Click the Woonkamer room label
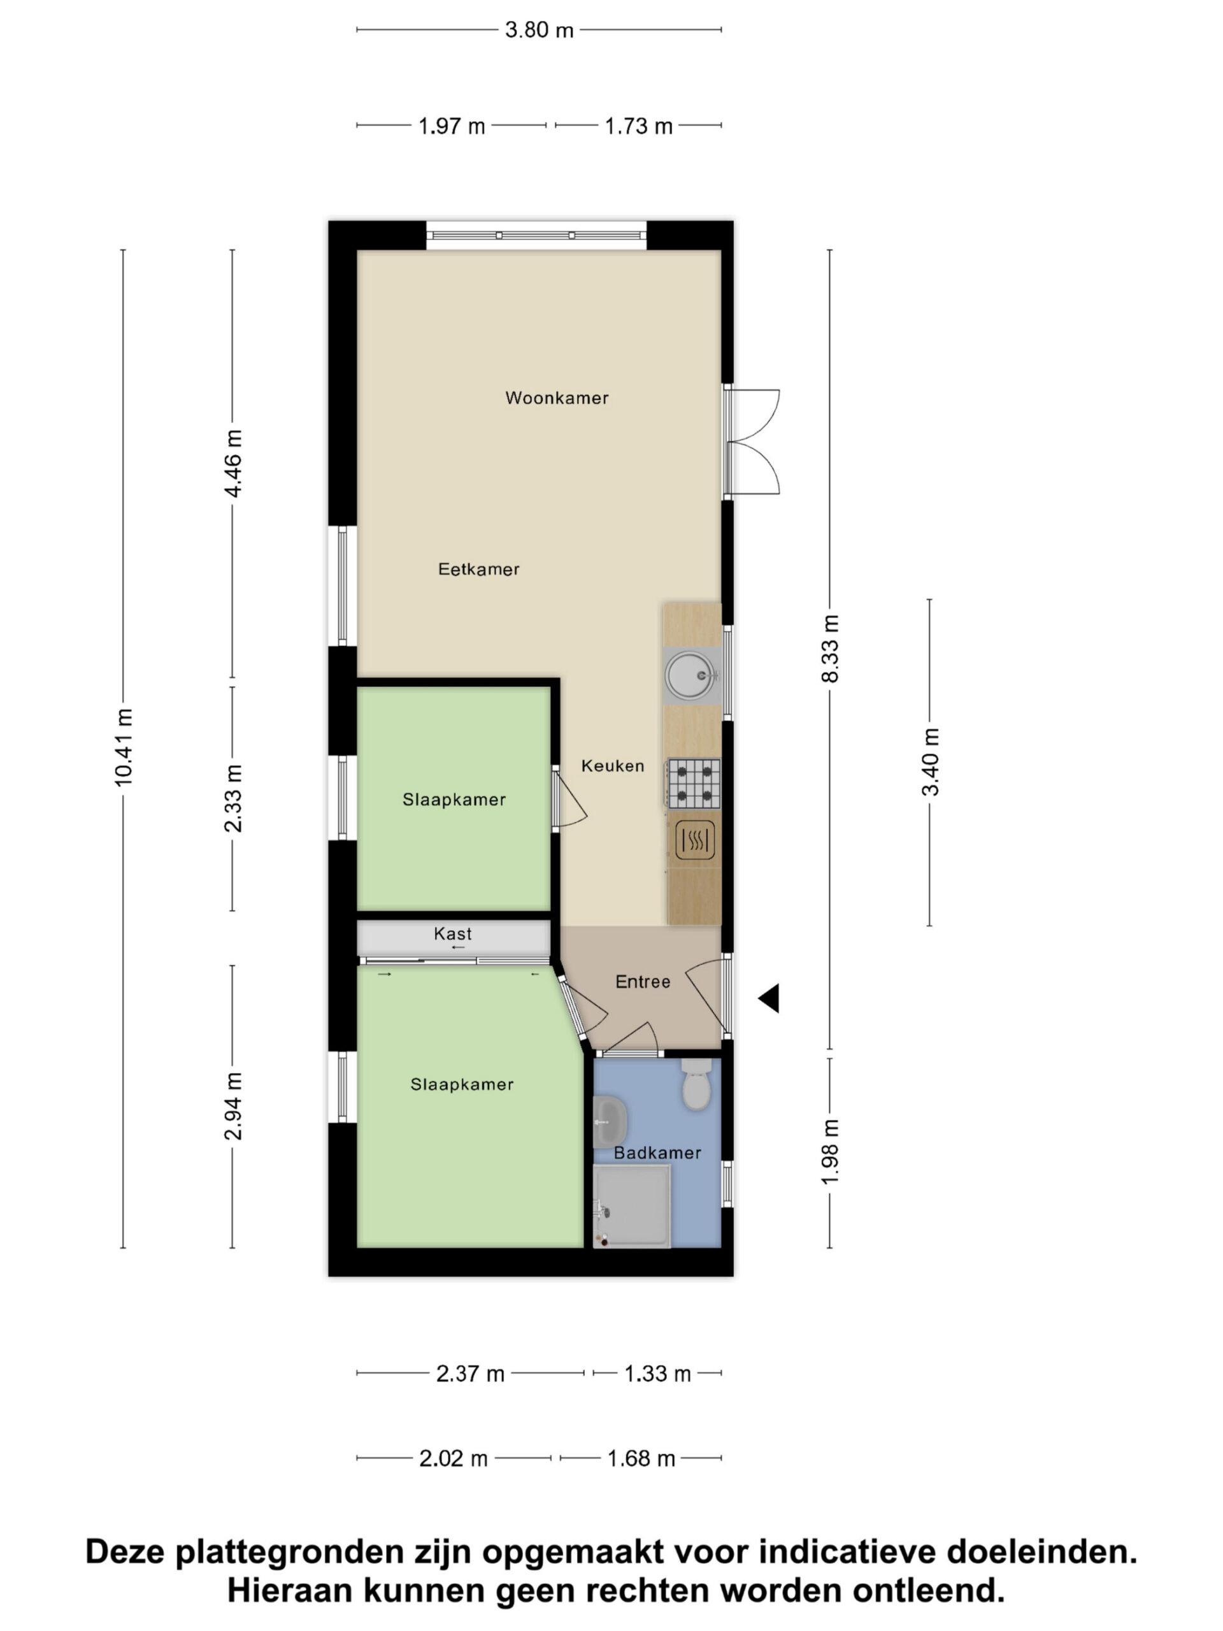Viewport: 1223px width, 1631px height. pyautogui.click(x=557, y=398)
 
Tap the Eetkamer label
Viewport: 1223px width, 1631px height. pyautogui.click(x=478, y=569)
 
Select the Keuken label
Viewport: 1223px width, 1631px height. pyautogui.click(x=613, y=766)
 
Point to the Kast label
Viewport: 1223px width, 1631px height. pyautogui.click(x=453, y=933)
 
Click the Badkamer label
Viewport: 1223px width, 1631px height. pyautogui.click(x=657, y=1153)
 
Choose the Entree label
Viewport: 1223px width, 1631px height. pyautogui.click(x=643, y=981)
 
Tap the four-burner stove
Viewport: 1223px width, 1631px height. pyautogui.click(x=694, y=783)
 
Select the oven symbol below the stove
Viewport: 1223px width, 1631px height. pyautogui.click(x=694, y=840)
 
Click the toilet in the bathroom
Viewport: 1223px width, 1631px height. pyautogui.click(x=696, y=1084)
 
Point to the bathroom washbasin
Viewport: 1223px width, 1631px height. pyautogui.click(x=610, y=1121)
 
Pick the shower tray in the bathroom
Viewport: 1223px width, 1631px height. pyautogui.click(x=632, y=1206)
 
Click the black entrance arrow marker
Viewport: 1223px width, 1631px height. pyautogui.click(x=769, y=998)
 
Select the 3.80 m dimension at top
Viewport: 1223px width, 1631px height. pyautogui.click(x=539, y=30)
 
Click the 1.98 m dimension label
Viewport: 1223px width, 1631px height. pyautogui.click(x=830, y=1153)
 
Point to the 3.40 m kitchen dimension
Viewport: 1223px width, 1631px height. pyautogui.click(x=931, y=762)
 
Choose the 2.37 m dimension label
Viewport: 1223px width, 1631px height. pyautogui.click(x=470, y=1374)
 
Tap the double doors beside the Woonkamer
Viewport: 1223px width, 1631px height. pyautogui.click(x=752, y=442)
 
